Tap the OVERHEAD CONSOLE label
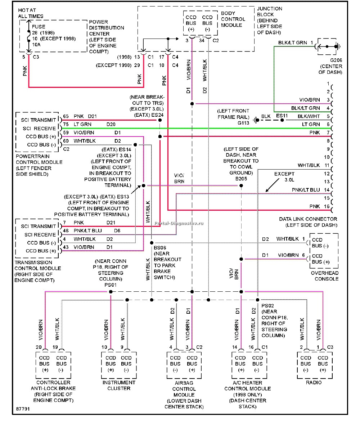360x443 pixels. point(324,276)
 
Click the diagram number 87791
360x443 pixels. point(23,410)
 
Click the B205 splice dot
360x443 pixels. point(241,185)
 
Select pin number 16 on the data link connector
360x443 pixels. point(327,206)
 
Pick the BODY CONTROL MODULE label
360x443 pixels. point(233,19)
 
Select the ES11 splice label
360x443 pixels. point(282,116)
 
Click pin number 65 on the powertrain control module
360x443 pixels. point(66,116)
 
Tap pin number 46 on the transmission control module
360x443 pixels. point(66,231)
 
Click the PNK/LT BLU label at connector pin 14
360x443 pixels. point(306,189)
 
